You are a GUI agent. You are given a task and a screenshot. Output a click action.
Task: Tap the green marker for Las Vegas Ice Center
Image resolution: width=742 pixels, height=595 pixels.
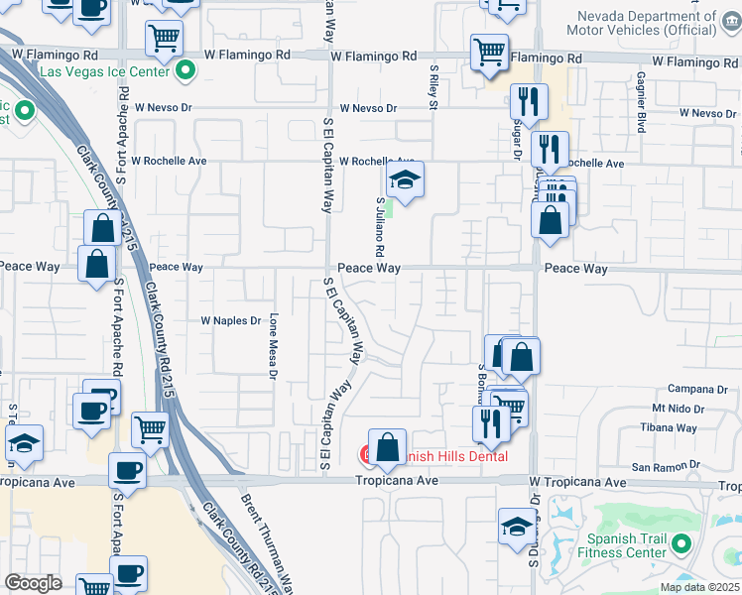(185, 70)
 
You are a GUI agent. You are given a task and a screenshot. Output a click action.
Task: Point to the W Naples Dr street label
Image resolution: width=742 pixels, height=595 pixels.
(230, 320)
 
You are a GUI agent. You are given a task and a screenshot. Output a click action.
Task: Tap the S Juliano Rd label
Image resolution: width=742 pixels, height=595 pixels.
(380, 223)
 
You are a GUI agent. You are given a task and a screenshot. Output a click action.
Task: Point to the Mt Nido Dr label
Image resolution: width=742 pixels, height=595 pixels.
(679, 409)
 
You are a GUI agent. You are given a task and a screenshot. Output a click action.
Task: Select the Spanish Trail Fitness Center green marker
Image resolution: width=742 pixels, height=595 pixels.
(680, 543)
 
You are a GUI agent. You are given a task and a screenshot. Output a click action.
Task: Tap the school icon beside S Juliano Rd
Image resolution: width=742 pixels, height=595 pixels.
(405, 181)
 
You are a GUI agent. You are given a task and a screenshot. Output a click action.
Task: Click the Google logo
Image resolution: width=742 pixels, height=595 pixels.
(33, 583)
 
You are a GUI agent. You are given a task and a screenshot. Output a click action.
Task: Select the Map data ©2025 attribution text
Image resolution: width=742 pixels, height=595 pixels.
(700, 587)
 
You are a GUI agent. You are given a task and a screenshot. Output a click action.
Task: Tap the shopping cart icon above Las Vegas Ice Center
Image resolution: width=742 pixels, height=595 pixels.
(164, 39)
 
